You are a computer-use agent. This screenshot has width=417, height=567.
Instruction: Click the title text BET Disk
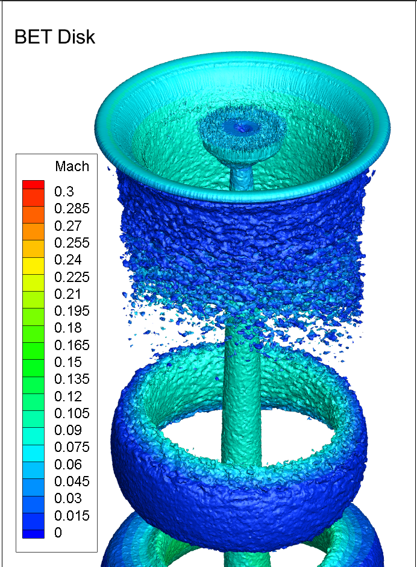coord(55,37)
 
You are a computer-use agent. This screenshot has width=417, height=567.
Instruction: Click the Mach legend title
coord(72,166)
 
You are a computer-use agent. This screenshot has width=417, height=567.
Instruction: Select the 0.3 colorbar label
coord(64,191)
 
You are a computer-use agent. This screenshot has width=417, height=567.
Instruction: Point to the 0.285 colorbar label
coord(72,208)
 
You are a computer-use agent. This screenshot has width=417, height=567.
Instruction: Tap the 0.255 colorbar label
coord(72,243)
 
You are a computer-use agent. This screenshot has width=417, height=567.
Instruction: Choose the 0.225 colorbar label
coord(72,277)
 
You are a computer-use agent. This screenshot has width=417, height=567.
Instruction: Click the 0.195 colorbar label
coord(72,311)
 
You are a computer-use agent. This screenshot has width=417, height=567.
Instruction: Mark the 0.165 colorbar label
coord(72,345)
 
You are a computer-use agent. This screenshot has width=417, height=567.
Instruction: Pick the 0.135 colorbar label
coord(72,379)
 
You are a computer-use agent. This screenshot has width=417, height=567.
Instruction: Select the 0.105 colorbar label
coord(72,413)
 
